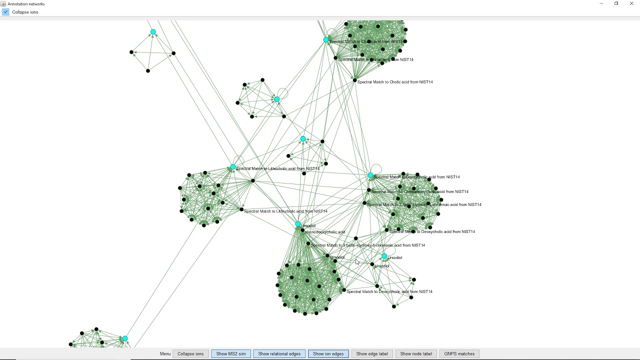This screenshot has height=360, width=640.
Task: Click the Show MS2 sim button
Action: tap(231, 353)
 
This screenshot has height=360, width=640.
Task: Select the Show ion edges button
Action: tap(328, 353)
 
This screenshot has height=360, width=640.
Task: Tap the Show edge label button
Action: tap(372, 353)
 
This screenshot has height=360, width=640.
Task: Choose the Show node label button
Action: tap(416, 353)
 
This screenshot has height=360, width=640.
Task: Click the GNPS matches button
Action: tap(459, 353)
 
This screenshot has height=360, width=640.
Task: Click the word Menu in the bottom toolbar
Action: tap(165, 353)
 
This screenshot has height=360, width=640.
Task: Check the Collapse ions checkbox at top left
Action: tap(6, 12)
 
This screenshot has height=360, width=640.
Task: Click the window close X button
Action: tap(631, 3)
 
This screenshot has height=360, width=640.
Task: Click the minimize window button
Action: tap(601, 3)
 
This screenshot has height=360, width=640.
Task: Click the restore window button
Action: tap(616, 3)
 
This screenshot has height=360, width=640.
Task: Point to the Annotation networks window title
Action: tap(26, 4)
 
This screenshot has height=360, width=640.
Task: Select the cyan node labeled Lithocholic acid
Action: tap(233, 167)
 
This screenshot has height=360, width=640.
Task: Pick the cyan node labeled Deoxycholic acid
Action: tap(370, 175)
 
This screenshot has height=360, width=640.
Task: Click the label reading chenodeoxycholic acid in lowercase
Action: tap(325, 232)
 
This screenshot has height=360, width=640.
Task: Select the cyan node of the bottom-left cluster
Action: tap(125, 338)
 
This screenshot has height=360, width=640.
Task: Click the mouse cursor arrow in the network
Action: tap(356, 261)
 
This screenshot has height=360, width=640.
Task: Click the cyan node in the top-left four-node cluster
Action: tap(153, 32)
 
